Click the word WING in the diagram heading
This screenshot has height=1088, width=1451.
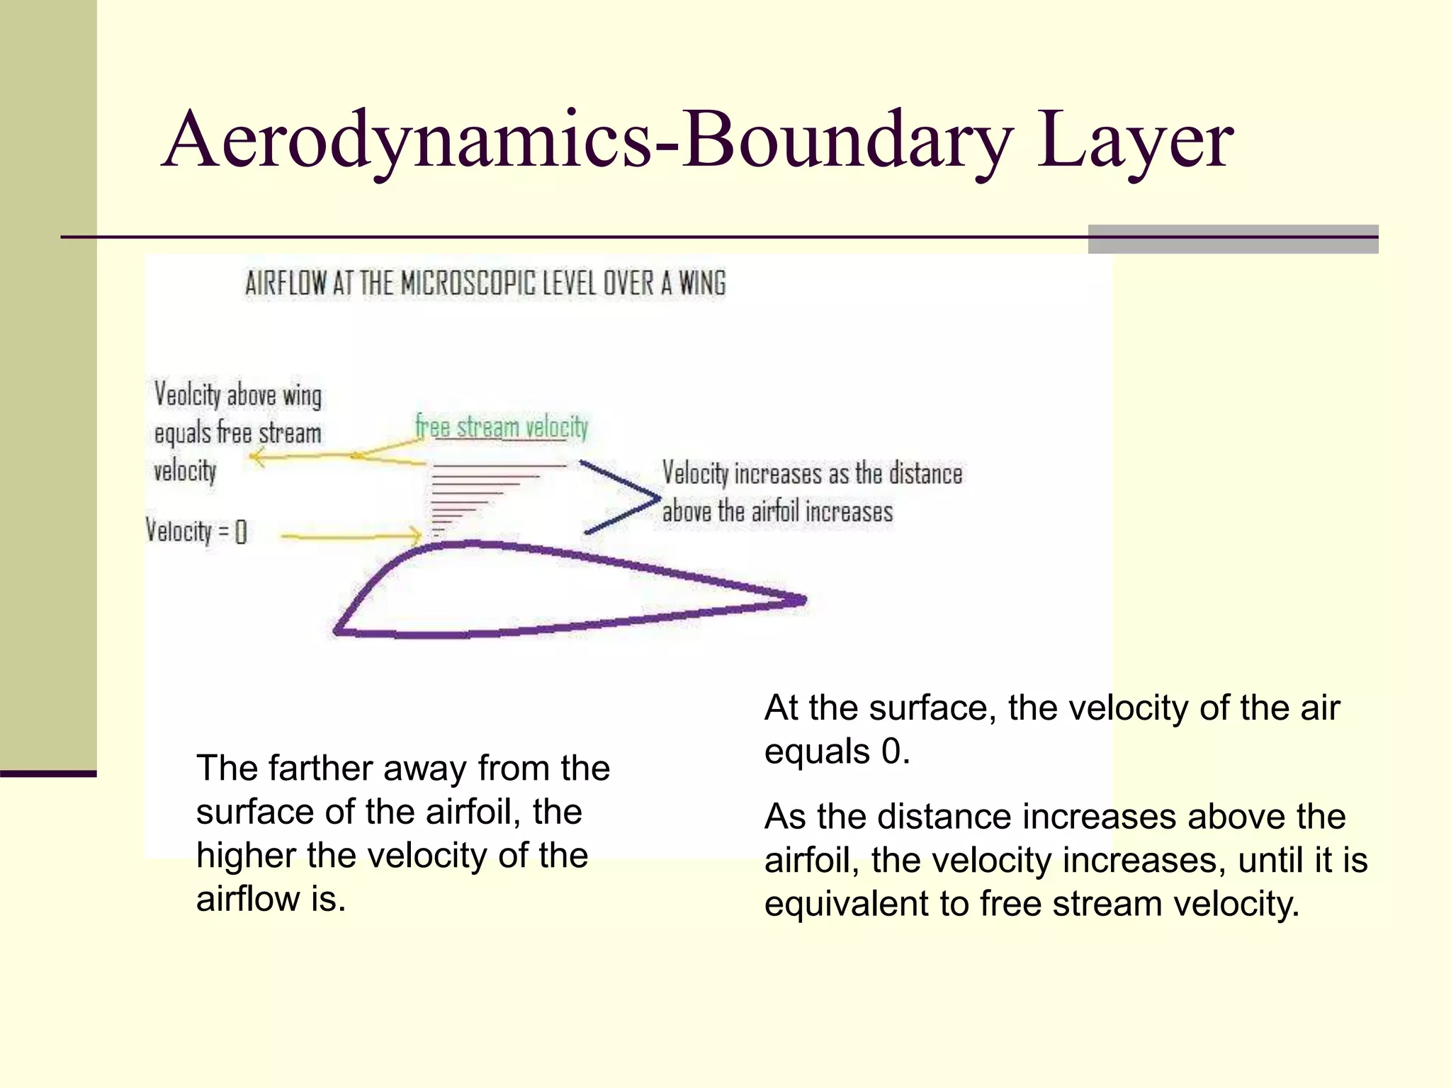(x=702, y=283)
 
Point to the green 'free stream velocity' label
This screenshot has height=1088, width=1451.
(x=502, y=427)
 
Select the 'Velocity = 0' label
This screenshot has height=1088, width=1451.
(x=196, y=531)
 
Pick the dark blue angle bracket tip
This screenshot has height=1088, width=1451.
(x=657, y=497)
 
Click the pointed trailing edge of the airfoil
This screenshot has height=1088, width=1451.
(x=802, y=601)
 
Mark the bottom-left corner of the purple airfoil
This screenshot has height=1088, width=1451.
(x=338, y=630)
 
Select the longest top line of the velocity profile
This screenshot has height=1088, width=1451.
(x=499, y=466)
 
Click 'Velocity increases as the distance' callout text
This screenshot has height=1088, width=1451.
(x=812, y=473)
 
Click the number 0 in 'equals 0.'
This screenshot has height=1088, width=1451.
(x=891, y=751)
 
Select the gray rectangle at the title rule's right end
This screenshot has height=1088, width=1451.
(x=1233, y=239)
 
